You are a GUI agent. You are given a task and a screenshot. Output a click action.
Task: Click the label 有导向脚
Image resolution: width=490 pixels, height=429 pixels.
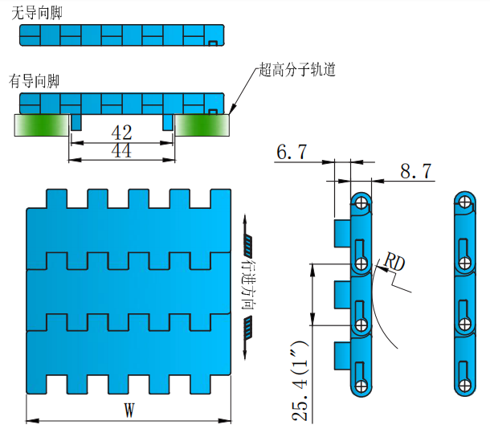click(35, 80)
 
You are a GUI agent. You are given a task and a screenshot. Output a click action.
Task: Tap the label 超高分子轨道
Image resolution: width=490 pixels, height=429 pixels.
click(297, 70)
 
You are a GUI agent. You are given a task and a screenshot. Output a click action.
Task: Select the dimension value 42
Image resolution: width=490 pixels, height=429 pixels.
click(122, 132)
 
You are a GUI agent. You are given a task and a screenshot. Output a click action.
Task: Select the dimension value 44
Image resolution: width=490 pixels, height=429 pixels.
click(122, 151)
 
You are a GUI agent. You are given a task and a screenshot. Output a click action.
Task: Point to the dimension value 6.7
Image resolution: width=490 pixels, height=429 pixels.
click(291, 151)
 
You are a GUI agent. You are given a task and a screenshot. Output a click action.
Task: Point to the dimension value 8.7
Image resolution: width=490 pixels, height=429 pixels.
click(415, 170)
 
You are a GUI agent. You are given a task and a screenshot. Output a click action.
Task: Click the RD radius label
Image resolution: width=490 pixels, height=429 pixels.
click(393, 262)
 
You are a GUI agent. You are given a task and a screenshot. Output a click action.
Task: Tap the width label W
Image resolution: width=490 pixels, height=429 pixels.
click(129, 410)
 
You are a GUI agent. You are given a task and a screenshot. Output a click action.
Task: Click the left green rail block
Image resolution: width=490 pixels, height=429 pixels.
click(40, 124)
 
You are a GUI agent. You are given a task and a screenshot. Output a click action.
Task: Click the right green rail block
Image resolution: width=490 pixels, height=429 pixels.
click(203, 124)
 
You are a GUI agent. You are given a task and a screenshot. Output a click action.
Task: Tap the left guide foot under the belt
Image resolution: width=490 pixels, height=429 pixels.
click(76, 121)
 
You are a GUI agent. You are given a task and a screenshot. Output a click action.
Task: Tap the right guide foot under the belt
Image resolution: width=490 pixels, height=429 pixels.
click(168, 121)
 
